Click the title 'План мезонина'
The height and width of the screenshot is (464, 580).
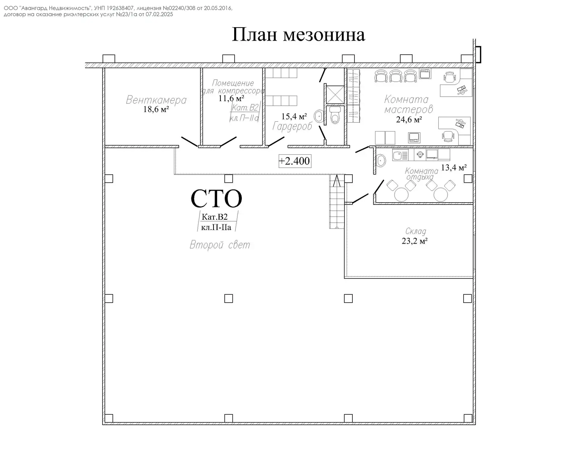point(298,35)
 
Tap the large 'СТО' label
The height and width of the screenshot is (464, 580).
point(216,199)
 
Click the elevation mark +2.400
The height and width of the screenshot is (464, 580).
point(295,161)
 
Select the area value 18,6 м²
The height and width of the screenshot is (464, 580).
point(156,109)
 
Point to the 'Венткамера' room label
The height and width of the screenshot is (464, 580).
point(156,100)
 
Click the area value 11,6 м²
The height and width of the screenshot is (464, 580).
point(231,98)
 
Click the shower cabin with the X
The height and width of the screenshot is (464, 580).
point(333,94)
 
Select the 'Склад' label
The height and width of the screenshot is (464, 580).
point(415,231)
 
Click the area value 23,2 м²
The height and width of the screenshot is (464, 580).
point(414,241)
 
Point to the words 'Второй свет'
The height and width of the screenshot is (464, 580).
point(220,245)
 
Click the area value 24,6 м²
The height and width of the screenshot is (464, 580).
point(409,120)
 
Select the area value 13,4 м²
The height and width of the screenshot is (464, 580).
point(453,167)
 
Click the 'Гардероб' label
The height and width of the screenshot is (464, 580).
point(292,126)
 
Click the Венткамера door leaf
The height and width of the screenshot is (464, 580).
point(189,142)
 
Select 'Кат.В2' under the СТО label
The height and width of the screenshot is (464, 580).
point(214,217)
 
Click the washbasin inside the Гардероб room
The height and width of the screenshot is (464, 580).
point(319,117)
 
